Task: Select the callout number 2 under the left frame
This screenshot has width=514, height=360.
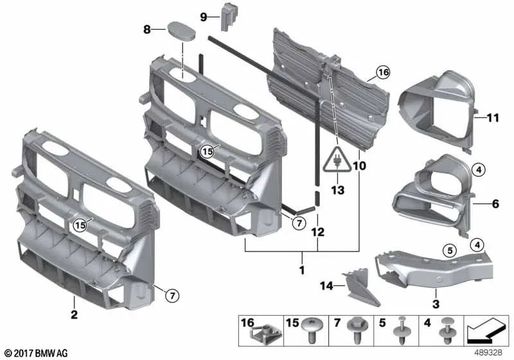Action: point(75,315)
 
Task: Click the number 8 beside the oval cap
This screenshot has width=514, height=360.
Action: point(147,29)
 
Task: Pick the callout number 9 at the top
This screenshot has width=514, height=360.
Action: point(204,17)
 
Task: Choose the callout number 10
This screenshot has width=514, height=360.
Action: point(359,166)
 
